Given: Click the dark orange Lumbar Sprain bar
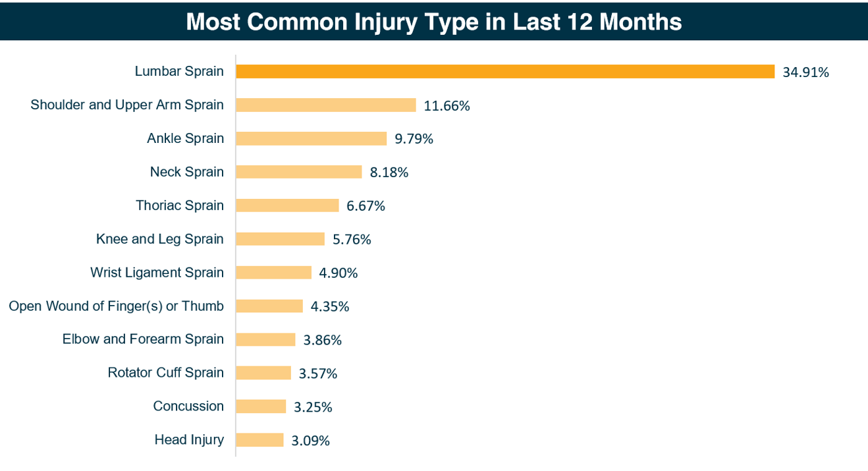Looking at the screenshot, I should pyautogui.click(x=504, y=72).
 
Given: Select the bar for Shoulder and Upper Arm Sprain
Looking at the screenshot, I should pyautogui.click(x=325, y=105).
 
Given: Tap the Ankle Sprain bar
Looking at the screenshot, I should pyautogui.click(x=311, y=138).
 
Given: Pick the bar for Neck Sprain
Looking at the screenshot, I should pyautogui.click(x=298, y=172).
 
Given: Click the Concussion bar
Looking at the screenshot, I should pyautogui.click(x=261, y=406).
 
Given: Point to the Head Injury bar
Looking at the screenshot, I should pyautogui.click(x=259, y=440).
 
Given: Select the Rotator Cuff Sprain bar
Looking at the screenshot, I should pyautogui.click(x=263, y=373).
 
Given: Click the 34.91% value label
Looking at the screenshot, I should pyautogui.click(x=805, y=72).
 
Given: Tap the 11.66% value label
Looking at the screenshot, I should pyautogui.click(x=447, y=106).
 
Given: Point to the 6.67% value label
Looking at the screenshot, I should pyautogui.click(x=366, y=206).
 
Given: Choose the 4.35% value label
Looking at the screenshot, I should pyautogui.click(x=329, y=306).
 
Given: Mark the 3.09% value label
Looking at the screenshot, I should pyautogui.click(x=310, y=441).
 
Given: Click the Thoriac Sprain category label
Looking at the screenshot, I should pyautogui.click(x=179, y=206).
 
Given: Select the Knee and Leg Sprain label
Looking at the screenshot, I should pyautogui.click(x=159, y=239).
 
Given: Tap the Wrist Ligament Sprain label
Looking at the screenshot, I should pyautogui.click(x=157, y=273).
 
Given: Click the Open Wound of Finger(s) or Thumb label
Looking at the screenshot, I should pyautogui.click(x=116, y=306).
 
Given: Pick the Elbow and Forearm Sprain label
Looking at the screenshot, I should pyautogui.click(x=143, y=339).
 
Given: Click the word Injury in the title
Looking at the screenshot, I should pyautogui.click(x=387, y=22).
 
